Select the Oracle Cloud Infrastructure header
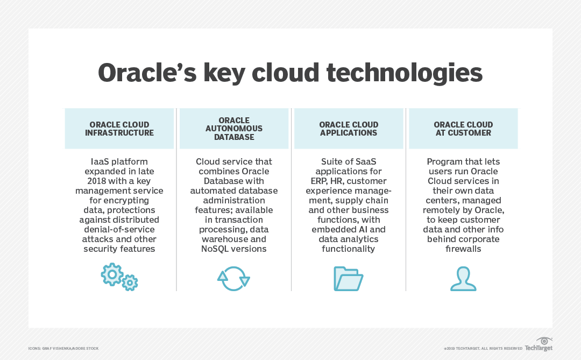[119, 129]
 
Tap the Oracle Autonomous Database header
[234, 129]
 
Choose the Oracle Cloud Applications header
[349, 129]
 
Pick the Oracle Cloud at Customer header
[463, 129]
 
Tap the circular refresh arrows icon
[233, 278]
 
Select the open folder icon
[348, 278]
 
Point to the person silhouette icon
[463, 278]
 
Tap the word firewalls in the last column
[463, 249]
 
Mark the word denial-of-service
[119, 229]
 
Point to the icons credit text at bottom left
[63, 349]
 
